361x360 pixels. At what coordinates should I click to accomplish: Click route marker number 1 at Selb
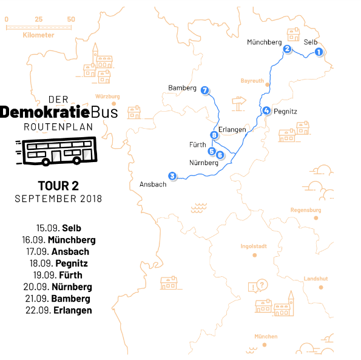(318, 53)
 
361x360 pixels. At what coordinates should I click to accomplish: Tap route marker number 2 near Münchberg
(288, 50)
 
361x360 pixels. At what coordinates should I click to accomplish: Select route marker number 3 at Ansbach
(173, 176)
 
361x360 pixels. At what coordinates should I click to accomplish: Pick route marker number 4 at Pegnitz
(266, 110)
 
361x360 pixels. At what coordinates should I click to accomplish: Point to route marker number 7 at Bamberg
(205, 90)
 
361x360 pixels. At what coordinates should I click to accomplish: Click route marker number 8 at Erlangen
(214, 135)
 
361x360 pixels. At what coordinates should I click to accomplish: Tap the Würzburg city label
(108, 97)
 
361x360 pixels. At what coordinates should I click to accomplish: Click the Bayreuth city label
(252, 81)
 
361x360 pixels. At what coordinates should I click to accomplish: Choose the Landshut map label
(315, 279)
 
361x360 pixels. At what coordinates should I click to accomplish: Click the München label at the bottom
(266, 336)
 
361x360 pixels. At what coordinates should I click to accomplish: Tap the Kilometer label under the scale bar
(38, 35)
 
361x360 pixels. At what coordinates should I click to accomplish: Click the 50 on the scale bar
(71, 19)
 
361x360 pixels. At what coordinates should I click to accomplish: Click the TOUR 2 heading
(58, 185)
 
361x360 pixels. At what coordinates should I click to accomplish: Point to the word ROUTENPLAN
(58, 127)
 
